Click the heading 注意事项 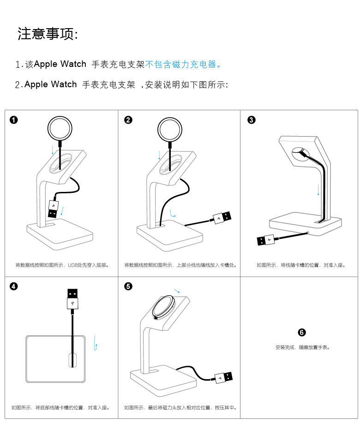click(48, 34)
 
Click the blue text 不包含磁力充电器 click(183, 65)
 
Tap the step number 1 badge click(14, 120)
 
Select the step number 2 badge click(128, 120)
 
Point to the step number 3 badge click(251, 120)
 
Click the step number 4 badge click(14, 286)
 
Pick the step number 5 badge click(128, 286)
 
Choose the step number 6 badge click(302, 333)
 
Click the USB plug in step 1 click(54, 209)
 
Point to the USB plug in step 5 click(223, 377)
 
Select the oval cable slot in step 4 click(72, 360)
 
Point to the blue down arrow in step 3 click(318, 189)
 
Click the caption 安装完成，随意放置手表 click(302, 347)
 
